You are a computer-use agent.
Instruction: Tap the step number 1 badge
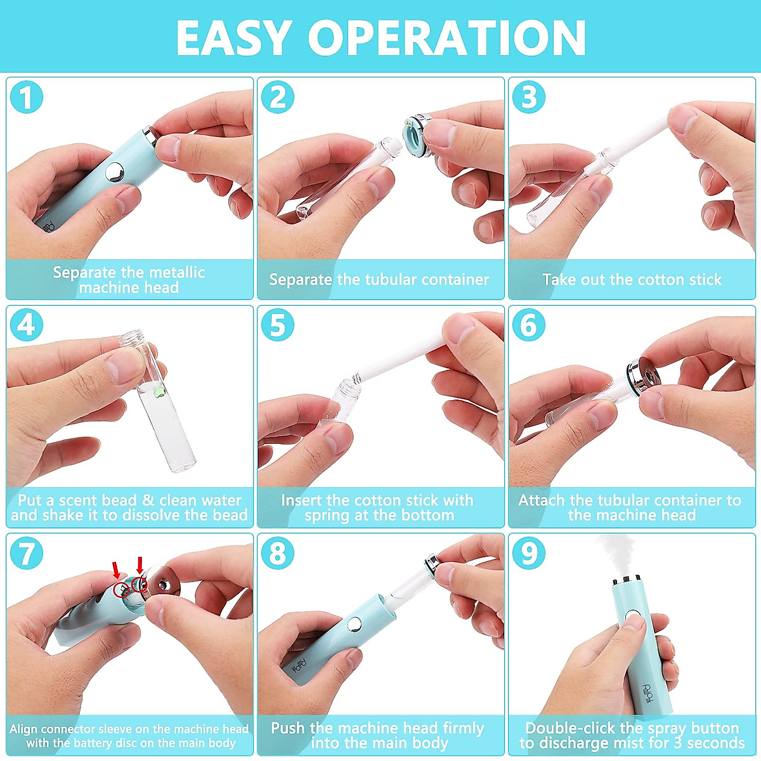click(27, 97)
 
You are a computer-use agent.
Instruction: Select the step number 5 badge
click(278, 325)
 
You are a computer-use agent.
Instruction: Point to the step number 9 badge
click(529, 553)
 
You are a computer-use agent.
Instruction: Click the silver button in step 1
click(115, 172)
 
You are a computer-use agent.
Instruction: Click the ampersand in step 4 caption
click(148, 500)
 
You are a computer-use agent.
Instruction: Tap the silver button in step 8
click(354, 624)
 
